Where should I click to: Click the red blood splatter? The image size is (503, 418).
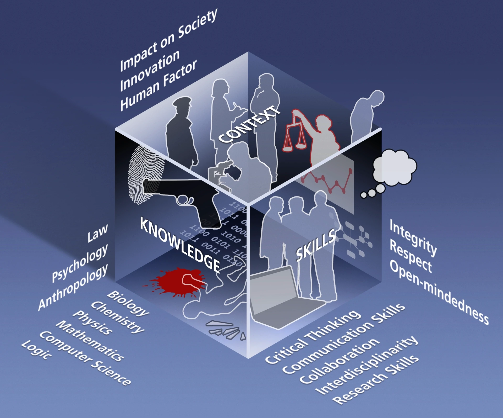point(178,282)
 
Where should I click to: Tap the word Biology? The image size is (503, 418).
point(128,303)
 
